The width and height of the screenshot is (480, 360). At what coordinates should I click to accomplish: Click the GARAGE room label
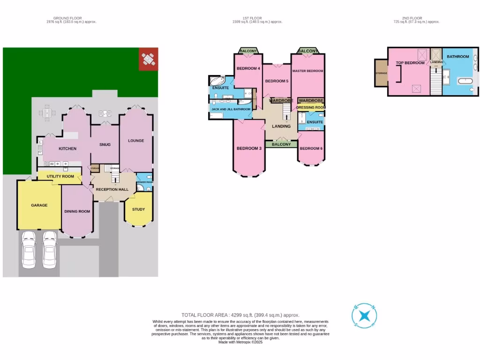pos(39,205)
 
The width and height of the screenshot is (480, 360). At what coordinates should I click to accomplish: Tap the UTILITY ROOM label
pos(60,176)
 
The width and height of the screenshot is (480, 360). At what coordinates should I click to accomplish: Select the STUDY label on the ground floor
pos(138,210)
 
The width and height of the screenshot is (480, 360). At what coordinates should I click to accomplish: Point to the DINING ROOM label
pos(77,211)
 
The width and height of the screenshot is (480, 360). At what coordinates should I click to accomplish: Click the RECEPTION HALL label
pos(112,189)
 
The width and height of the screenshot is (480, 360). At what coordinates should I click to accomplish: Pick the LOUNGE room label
pos(136,141)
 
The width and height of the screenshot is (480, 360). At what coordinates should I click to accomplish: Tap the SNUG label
pos(105,144)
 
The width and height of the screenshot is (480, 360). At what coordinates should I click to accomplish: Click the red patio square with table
pos(148,59)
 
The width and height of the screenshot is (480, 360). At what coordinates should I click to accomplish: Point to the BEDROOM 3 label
pos(249,149)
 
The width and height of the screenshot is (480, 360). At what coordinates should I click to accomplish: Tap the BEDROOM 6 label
pos(311,149)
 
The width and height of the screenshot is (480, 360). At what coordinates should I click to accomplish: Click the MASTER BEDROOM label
pos(307,71)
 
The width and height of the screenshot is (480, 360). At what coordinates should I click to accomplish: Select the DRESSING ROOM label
pos(311,107)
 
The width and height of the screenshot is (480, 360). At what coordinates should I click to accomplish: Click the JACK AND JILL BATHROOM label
pos(231,109)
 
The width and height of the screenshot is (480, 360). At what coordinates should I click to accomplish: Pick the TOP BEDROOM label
pos(410,63)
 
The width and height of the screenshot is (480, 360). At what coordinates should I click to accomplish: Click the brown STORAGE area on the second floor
pos(381,73)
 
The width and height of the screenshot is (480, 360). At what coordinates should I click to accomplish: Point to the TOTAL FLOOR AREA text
pos(240,315)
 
